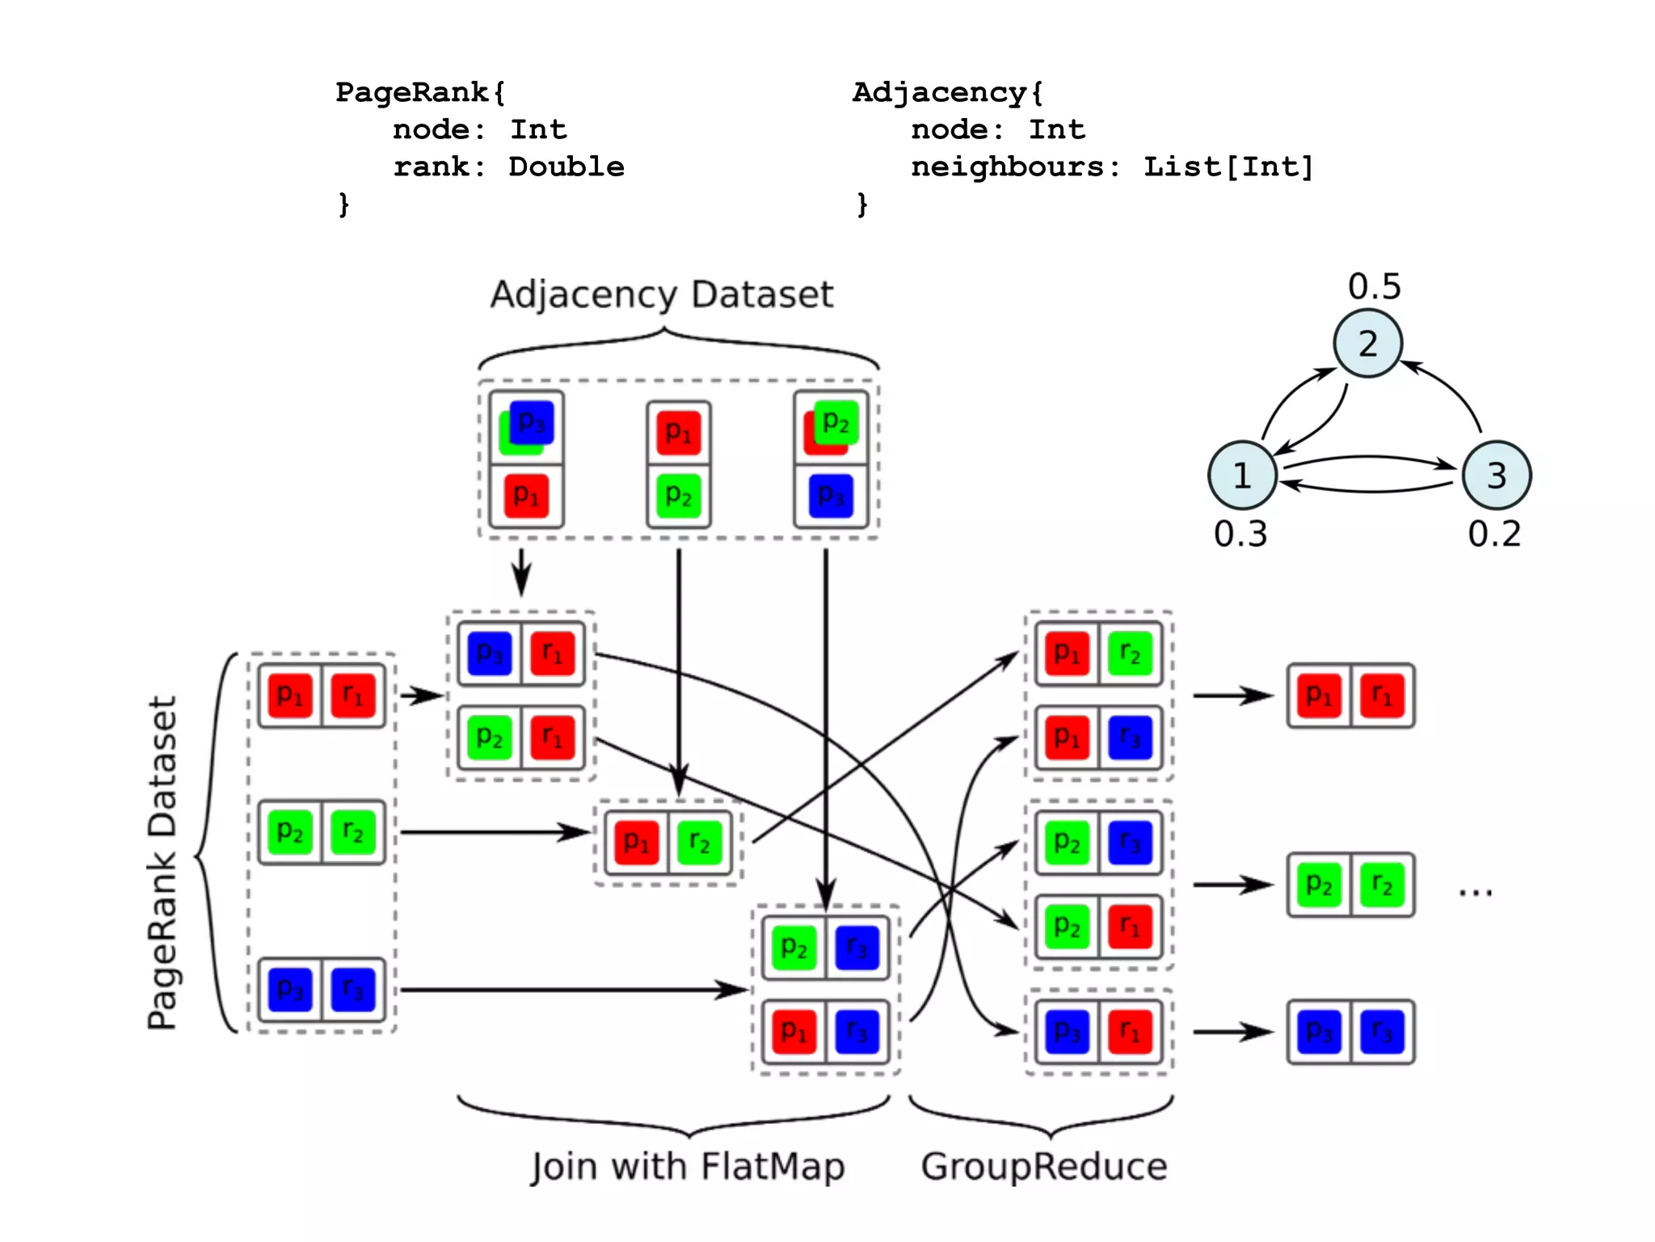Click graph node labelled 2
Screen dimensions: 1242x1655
[1367, 344]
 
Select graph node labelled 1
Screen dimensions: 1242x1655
[1242, 475]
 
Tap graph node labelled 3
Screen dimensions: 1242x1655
[1497, 475]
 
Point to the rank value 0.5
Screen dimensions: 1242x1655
[1374, 286]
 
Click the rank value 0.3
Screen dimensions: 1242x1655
[1240, 534]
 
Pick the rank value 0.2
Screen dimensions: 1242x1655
[1494, 534]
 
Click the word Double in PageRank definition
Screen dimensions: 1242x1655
[566, 167]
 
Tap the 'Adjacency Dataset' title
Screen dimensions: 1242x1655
[661, 294]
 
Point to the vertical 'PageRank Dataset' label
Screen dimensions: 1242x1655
[162, 863]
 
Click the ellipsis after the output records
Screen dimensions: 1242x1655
[1476, 892]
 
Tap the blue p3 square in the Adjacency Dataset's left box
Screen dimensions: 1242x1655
[532, 421]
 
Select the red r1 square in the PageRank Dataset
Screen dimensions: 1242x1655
[353, 695]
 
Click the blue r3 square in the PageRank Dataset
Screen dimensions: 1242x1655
[353, 990]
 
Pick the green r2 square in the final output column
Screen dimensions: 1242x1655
[1383, 885]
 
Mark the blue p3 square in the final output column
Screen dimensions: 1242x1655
[1320, 1032]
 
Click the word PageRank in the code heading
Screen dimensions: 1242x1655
[412, 92]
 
